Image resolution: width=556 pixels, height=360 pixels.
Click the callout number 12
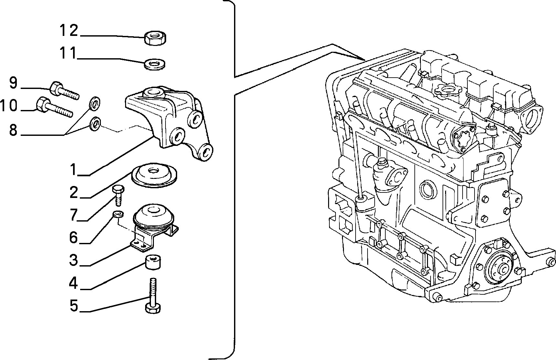click(69, 30)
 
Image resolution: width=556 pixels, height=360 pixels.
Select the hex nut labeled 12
click(155, 38)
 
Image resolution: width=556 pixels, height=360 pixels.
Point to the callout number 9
click(13, 83)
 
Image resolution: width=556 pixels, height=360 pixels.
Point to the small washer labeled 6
click(118, 214)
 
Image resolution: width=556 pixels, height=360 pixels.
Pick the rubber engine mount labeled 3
click(155, 226)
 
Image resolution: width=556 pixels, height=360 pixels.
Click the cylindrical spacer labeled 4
click(153, 261)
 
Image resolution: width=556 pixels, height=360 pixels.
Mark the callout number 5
click(74, 305)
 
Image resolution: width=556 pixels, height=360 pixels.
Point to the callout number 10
click(9, 106)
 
